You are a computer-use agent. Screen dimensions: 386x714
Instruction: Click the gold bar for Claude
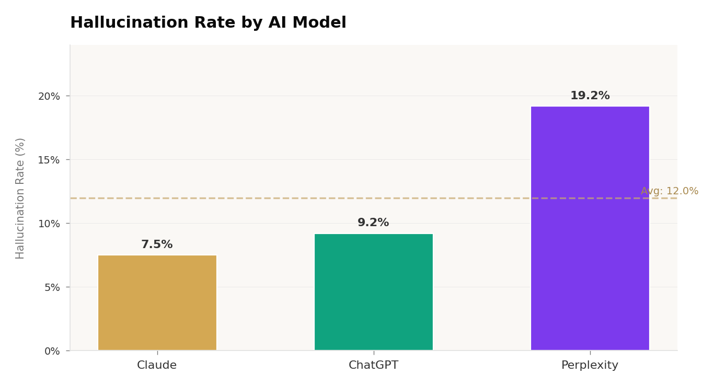(157, 302)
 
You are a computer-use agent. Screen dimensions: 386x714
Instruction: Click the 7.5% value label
(157, 244)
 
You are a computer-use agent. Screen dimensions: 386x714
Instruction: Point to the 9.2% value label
(373, 223)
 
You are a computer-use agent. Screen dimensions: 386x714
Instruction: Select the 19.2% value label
(590, 96)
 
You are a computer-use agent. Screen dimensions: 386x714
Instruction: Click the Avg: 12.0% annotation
(669, 191)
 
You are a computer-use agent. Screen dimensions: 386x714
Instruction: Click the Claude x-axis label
(157, 365)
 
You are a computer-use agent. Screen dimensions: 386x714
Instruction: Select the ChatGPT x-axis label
(373, 365)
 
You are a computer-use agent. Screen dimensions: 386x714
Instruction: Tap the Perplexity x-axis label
(590, 365)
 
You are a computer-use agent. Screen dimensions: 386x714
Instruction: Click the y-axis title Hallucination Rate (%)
(20, 198)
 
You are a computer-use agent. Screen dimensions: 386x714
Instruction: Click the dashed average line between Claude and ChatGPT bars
(266, 198)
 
